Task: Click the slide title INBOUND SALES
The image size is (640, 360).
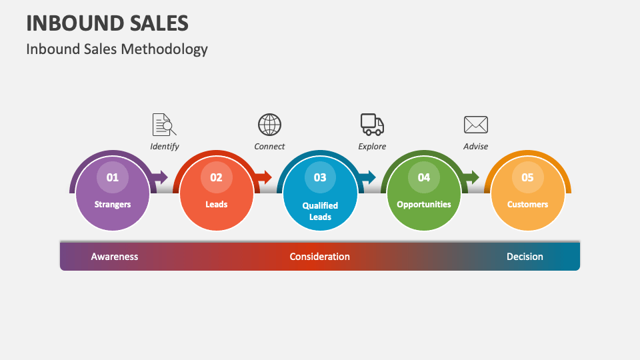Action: pyautogui.click(x=107, y=23)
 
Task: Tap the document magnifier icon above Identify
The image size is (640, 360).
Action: pyautogui.click(x=164, y=125)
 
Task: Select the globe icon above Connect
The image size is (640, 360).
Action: pyautogui.click(x=269, y=125)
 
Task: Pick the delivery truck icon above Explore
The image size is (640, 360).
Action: pyautogui.click(x=372, y=123)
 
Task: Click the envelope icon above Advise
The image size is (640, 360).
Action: pyautogui.click(x=475, y=125)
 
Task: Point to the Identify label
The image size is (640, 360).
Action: pyautogui.click(x=164, y=147)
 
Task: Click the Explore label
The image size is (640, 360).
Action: pyautogui.click(x=372, y=147)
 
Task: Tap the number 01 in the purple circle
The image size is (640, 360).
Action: pyautogui.click(x=113, y=177)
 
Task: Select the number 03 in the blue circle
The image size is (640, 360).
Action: pyautogui.click(x=320, y=177)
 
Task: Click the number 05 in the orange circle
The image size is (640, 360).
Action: pyautogui.click(x=527, y=177)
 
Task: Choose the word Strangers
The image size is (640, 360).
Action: pyautogui.click(x=113, y=205)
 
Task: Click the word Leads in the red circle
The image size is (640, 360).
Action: pyautogui.click(x=217, y=205)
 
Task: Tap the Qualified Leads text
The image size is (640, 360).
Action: pyautogui.click(x=320, y=211)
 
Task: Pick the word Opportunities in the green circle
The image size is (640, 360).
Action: pyautogui.click(x=424, y=205)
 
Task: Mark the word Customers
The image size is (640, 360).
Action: pyautogui.click(x=527, y=205)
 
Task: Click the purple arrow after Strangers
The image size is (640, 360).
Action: pyautogui.click(x=160, y=177)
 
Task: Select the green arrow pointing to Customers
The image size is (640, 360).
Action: pyautogui.click(x=471, y=177)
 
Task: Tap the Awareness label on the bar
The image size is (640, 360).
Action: pyautogui.click(x=115, y=257)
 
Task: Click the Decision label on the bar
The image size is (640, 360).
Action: pyautogui.click(x=525, y=257)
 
